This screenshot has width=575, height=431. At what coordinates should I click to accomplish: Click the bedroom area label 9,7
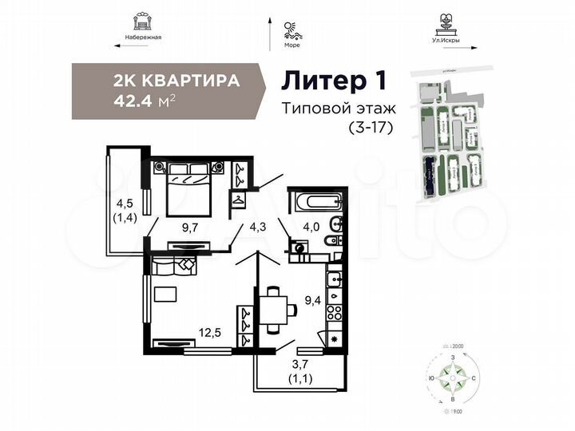189,227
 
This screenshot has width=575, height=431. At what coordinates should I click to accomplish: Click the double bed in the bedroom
188,188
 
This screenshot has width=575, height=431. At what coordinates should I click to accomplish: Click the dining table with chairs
273,308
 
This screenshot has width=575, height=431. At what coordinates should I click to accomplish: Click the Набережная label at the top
144,38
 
